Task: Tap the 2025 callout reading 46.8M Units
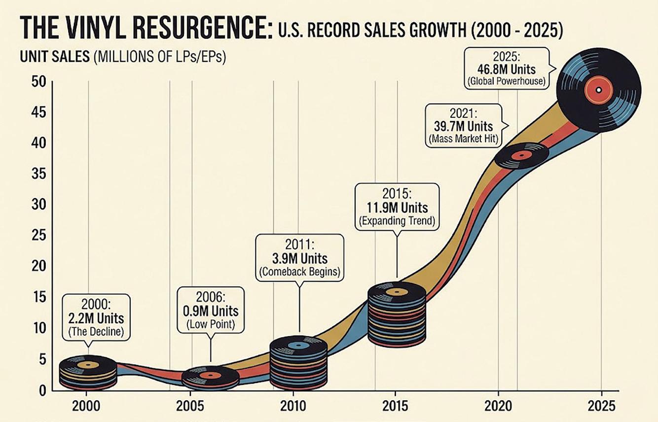point(507,69)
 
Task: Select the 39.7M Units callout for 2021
point(464,125)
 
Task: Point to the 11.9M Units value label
point(397,208)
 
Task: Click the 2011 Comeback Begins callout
point(299,258)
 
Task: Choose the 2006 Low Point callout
point(211,311)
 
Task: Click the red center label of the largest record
point(599,90)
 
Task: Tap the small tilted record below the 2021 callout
point(521,156)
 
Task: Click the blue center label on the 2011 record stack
point(298,346)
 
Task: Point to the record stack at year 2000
point(88,373)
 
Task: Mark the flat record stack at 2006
point(210,378)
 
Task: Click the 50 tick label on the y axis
point(39,82)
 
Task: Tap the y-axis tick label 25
point(39,236)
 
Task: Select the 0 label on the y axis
point(43,390)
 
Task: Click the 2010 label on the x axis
point(293,406)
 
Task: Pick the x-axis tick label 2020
point(498,406)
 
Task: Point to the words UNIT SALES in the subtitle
point(55,56)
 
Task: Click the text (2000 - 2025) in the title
point(516,31)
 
